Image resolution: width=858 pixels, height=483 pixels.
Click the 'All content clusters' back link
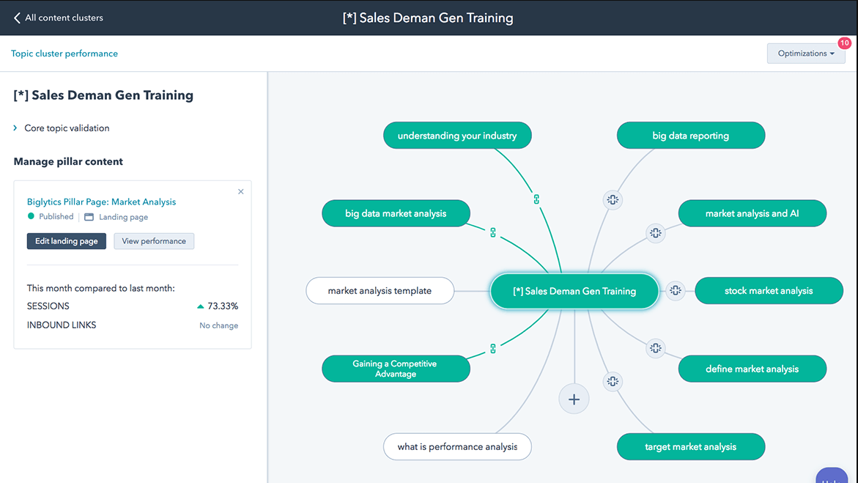[x=58, y=18]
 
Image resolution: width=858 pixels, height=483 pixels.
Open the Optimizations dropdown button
[x=805, y=53]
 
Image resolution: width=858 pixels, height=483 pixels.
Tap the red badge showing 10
[x=844, y=43]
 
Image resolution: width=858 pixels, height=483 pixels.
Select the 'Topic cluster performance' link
[x=64, y=54]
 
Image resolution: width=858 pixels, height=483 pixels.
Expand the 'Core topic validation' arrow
[x=15, y=128]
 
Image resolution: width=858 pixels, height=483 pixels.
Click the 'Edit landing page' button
[x=66, y=241]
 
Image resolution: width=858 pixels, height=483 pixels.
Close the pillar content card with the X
[x=241, y=192]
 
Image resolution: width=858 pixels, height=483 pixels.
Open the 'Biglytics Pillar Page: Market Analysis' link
[x=101, y=202]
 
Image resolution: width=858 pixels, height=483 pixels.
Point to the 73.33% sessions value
[x=223, y=306]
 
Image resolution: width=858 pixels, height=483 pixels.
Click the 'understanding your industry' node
[x=457, y=136]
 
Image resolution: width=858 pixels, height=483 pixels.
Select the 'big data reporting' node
[x=690, y=136]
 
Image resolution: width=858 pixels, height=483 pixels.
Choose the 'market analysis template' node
[x=380, y=291]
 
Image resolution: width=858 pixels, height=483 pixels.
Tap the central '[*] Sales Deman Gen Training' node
[x=574, y=291]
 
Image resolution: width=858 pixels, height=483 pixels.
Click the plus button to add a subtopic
[x=574, y=399]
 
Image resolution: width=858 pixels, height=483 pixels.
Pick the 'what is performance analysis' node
[x=457, y=447]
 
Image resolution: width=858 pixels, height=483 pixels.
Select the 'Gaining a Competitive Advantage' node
[x=396, y=369]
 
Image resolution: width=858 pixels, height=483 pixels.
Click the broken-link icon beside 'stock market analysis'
[x=676, y=291]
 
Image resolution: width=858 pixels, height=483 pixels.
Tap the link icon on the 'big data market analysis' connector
[x=493, y=233]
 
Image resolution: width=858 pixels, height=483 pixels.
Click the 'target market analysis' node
[x=690, y=447]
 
